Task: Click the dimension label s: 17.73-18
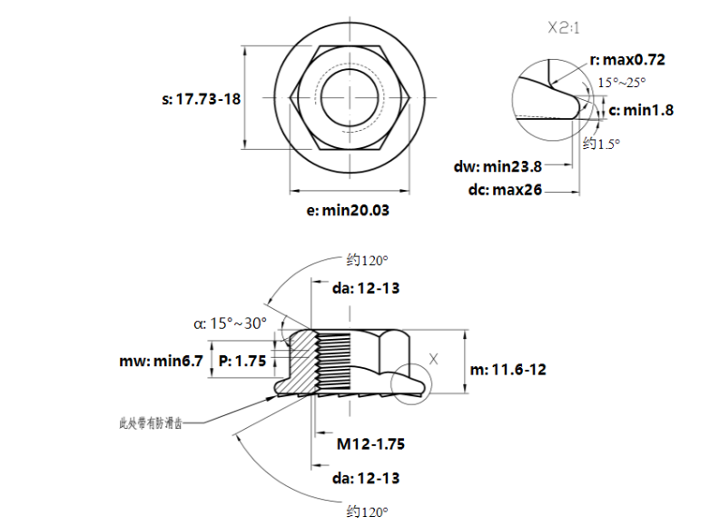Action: pos(202,99)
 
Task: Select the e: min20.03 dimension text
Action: pos(348,210)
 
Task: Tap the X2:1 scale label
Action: pos(565,27)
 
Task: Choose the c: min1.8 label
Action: pos(641,110)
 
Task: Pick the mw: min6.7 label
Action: pos(161,361)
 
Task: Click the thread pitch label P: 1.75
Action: pos(242,361)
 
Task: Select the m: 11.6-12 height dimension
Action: pos(508,370)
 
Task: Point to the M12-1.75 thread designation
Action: pos(370,444)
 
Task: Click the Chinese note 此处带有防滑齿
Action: pos(151,423)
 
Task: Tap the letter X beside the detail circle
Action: pos(433,358)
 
